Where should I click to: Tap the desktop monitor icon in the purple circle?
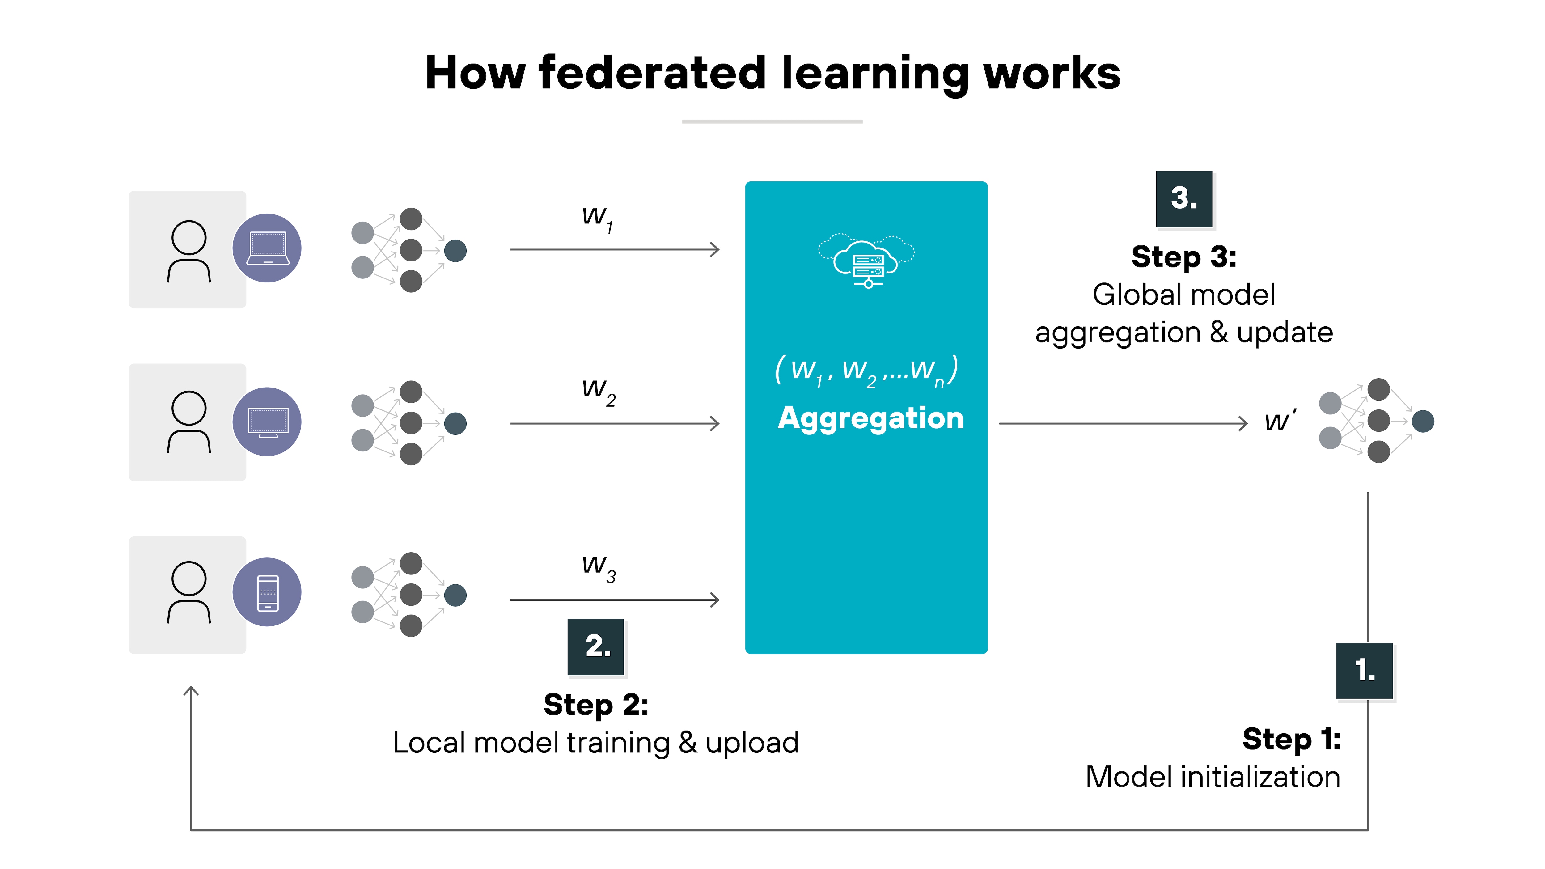point(267,422)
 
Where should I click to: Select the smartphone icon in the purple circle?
point(267,592)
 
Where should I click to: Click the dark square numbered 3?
point(1184,198)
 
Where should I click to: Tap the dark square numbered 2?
point(596,646)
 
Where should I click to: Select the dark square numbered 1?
point(1365,671)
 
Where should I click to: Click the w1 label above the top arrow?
point(597,217)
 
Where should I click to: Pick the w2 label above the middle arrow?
point(598,390)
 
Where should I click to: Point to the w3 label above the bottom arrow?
point(598,566)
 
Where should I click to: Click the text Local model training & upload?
point(595,743)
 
